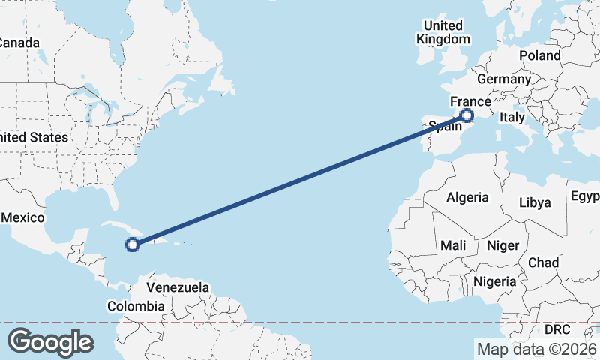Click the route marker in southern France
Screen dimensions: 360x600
pos(467,115)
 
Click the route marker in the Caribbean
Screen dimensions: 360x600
pos(133,244)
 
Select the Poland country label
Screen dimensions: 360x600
pos(538,55)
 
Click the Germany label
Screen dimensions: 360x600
pos(503,79)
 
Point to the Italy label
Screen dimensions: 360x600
pos(512,118)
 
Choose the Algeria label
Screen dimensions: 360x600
pos(467,198)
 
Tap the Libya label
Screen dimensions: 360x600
pos(535,202)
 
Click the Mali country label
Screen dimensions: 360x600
pos(453,244)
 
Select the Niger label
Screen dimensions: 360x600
pos(502,244)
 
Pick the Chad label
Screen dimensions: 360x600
pos(544,262)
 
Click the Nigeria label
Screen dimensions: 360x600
pos(494,281)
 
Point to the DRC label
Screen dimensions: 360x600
pos(557,329)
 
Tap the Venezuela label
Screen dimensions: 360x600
pos(178,287)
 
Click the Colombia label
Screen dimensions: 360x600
pos(136,306)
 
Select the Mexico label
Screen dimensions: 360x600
pos(22,217)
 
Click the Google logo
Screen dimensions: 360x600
pos(50,341)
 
